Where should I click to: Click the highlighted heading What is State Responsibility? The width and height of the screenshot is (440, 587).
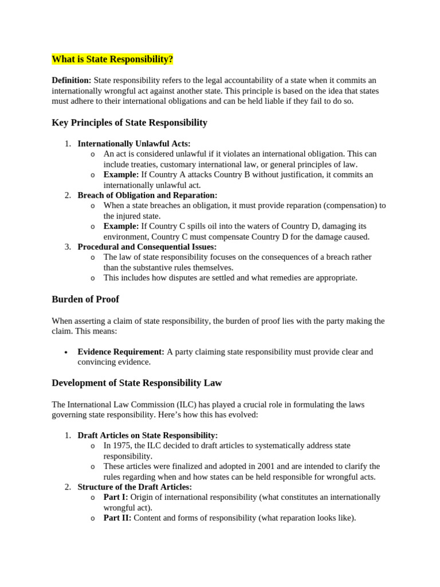click(112, 60)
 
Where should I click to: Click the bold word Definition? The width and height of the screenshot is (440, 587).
click(71, 80)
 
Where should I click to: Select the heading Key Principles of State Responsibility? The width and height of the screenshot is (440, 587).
click(129, 123)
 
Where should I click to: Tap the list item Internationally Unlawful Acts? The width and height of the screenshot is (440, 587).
click(134, 143)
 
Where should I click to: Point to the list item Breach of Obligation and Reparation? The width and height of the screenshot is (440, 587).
click(147, 195)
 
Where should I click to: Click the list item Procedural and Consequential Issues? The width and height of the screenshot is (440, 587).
click(147, 246)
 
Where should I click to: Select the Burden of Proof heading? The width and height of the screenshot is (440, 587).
click(85, 299)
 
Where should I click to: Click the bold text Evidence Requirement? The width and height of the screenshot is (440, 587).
click(121, 351)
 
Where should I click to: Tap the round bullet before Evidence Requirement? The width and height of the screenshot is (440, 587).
click(67, 352)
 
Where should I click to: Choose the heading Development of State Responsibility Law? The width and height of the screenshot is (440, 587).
click(137, 383)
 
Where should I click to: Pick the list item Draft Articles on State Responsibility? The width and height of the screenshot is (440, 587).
click(148, 435)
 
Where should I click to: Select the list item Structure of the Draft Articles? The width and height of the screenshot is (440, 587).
click(135, 487)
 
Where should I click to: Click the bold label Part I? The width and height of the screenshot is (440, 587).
click(115, 497)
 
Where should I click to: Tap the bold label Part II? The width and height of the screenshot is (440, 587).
click(117, 518)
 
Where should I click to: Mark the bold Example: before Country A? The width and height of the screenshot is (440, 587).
click(121, 174)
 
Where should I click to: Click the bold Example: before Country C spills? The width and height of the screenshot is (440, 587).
click(121, 226)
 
